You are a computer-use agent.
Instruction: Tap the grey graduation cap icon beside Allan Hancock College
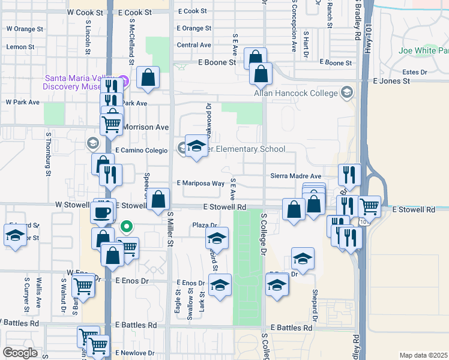tap(347, 92)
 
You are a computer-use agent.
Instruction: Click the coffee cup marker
tap(102, 211)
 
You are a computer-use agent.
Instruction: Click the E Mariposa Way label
tap(200, 184)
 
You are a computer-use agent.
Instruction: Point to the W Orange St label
tap(25, 29)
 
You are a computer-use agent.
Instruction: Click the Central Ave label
tap(194, 45)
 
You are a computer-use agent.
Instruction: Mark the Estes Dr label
tap(414, 71)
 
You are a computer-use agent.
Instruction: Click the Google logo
tap(20, 352)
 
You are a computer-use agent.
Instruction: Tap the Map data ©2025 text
tap(423, 355)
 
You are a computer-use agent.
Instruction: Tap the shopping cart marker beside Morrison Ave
tap(111, 125)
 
